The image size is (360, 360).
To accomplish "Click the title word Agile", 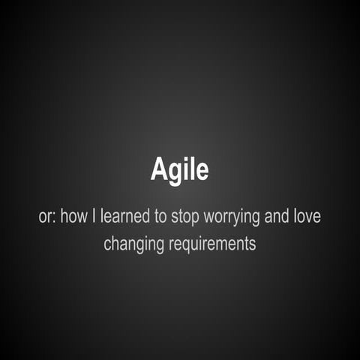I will click(179, 170).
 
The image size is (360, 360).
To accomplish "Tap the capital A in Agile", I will click(158, 169).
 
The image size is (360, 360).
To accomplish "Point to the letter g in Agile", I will click(175, 172).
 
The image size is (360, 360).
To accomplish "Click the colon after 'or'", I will click(52, 217).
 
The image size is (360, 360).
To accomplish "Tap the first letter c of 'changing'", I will click(107, 244).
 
